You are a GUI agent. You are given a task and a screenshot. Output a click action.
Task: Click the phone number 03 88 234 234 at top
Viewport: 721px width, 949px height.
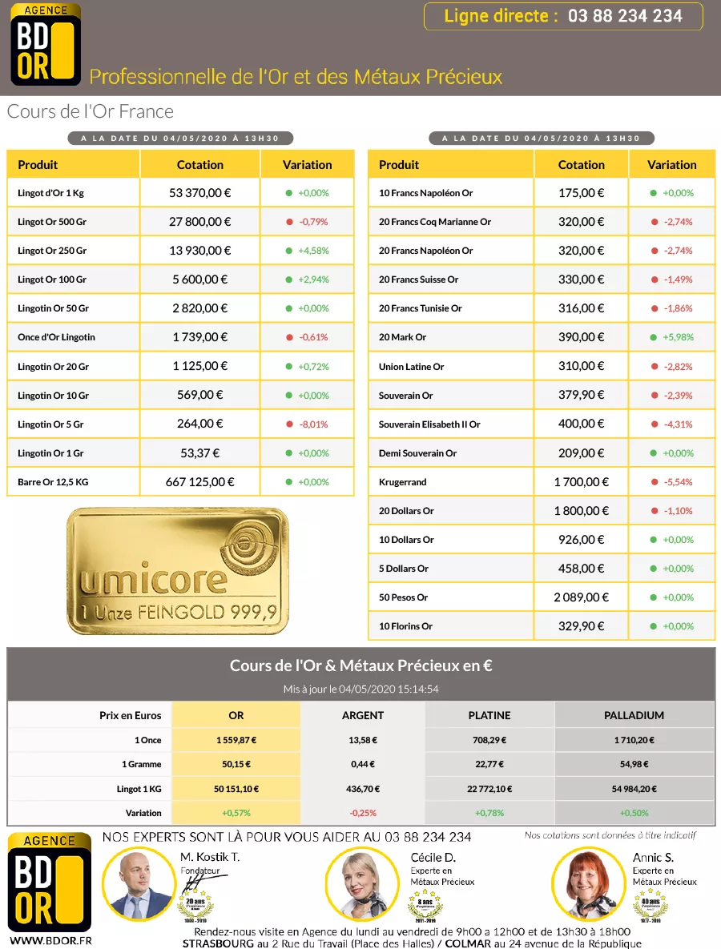[625, 16]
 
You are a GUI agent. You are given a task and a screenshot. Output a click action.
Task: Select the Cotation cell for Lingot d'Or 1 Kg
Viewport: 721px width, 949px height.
[199, 193]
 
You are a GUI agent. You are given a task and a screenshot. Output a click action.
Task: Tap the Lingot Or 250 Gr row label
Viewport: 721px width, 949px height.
[52, 251]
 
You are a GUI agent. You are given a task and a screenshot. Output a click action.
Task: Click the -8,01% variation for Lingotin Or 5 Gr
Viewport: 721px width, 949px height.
[313, 424]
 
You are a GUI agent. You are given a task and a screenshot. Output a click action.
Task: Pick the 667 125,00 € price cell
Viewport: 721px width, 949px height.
[199, 482]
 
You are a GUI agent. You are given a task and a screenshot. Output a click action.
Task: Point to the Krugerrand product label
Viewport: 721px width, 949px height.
[402, 482]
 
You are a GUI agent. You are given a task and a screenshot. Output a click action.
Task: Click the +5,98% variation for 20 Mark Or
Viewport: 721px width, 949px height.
[677, 338]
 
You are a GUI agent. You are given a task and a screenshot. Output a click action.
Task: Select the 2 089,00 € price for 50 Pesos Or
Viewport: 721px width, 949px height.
[581, 597]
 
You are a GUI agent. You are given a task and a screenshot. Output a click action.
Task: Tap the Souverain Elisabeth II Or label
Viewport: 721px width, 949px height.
[429, 424]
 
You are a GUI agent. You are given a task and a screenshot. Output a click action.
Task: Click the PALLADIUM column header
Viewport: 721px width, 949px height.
[634, 715]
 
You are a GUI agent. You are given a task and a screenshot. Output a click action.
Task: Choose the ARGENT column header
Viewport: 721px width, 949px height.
[363, 715]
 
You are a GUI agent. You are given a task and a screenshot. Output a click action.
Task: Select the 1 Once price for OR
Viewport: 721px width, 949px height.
[236, 741]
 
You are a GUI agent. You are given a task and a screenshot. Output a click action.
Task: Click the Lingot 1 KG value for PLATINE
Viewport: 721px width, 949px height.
[489, 789]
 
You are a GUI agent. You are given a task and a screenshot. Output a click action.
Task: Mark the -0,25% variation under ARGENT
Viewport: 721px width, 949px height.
[363, 813]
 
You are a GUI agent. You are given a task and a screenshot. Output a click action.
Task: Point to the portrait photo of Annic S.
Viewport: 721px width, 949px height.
[586, 883]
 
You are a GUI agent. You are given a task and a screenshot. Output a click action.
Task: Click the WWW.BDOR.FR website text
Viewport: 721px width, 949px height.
[50, 940]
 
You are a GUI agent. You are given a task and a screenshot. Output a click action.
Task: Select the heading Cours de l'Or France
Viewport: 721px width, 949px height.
[91, 111]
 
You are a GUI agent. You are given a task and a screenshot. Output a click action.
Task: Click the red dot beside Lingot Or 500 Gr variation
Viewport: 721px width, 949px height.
[289, 222]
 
